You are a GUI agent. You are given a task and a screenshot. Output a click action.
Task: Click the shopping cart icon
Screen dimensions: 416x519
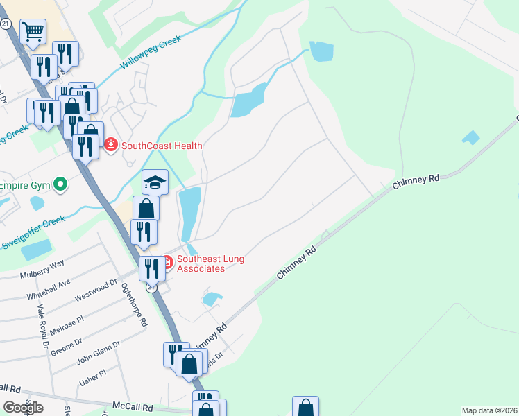tap(33, 31)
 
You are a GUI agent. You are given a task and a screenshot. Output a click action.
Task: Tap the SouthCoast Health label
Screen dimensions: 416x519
tap(162, 146)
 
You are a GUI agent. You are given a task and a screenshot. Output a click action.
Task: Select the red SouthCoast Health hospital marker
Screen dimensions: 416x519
tap(110, 145)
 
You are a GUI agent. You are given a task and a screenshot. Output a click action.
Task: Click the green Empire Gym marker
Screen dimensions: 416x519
tap(60, 185)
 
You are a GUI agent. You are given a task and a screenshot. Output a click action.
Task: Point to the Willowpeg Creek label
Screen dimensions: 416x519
tap(151, 53)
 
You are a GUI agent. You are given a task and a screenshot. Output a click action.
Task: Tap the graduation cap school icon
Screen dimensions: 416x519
tap(155, 182)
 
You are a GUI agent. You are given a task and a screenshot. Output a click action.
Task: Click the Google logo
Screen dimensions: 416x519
tap(23, 407)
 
